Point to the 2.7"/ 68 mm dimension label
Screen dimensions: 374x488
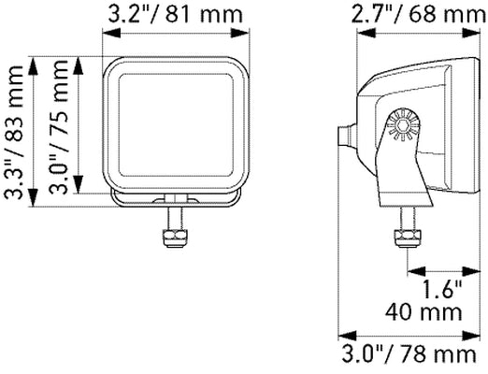[x=419, y=15]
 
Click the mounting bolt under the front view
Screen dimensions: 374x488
[x=174, y=230]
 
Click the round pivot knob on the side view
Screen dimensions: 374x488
[x=403, y=123]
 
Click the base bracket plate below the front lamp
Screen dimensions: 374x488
[x=176, y=194]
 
